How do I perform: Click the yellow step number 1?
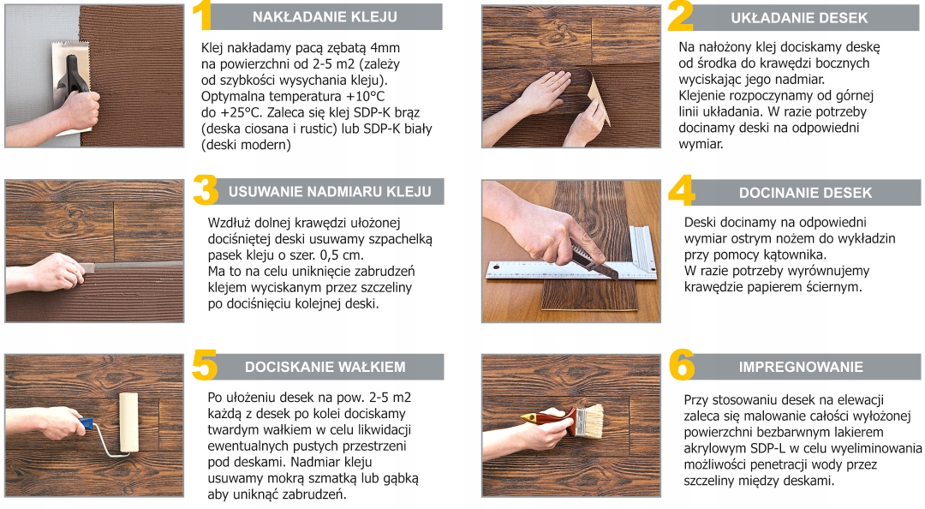[x=201, y=17]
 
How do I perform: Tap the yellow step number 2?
[x=680, y=17]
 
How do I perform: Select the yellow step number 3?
[x=205, y=191]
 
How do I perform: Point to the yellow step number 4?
[x=681, y=192]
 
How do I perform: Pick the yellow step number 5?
[x=205, y=366]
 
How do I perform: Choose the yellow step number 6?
[x=682, y=366]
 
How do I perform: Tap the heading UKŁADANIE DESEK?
[x=799, y=18]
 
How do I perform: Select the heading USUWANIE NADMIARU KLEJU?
[x=330, y=192]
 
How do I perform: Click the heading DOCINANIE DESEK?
[x=805, y=193]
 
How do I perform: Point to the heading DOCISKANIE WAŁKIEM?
[x=325, y=367]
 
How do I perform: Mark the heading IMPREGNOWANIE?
[x=801, y=367]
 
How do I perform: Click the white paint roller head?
[x=128, y=421]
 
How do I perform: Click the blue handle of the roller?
[x=87, y=423]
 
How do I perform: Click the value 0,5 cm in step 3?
[x=341, y=255]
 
